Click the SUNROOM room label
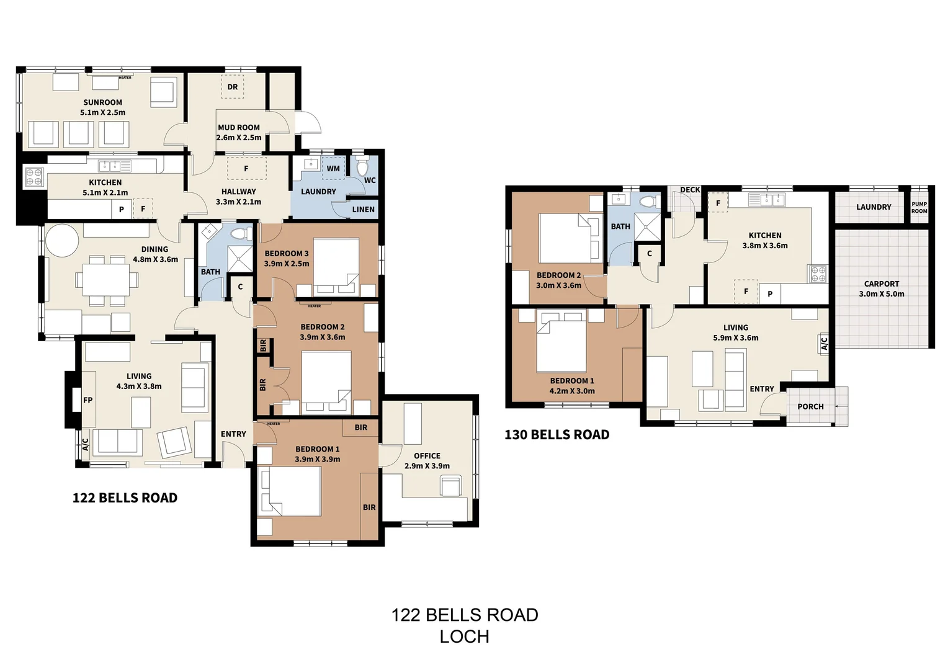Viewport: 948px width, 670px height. (102, 102)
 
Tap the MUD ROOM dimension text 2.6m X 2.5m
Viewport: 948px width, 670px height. (239, 138)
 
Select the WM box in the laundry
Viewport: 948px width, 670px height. (333, 168)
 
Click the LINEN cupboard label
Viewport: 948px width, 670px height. (363, 209)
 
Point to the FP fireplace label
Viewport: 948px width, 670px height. (88, 400)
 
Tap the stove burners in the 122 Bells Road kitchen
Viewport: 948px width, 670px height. (34, 177)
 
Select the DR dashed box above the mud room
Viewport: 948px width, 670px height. (233, 87)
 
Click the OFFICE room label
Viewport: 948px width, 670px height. (427, 456)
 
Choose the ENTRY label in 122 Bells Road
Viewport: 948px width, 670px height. (233, 434)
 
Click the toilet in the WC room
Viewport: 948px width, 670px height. (363, 167)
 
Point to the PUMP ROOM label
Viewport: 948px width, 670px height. (919, 207)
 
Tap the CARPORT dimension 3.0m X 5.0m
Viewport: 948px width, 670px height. (881, 294)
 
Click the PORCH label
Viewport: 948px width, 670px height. (810, 407)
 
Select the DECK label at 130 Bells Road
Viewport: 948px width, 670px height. (690, 190)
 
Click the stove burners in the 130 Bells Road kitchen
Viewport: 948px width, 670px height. (818, 274)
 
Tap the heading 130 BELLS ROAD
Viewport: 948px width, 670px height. (557, 435)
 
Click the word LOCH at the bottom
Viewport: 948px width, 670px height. (464, 636)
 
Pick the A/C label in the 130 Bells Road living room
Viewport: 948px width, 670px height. (825, 343)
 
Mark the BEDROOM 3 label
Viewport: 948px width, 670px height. (287, 253)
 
